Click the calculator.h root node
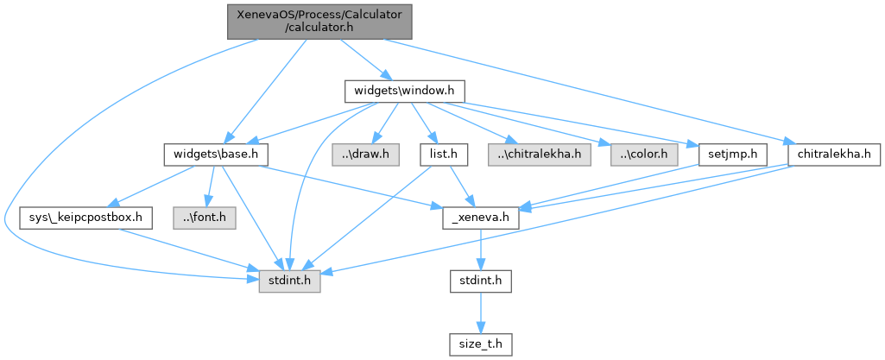(319, 21)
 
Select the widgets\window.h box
(405, 90)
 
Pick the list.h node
(443, 155)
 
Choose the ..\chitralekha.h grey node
(540, 155)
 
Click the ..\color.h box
(639, 155)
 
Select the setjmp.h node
(723, 155)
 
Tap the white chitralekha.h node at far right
(833, 155)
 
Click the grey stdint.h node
(290, 281)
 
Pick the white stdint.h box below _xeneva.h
(480, 281)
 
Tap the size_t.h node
(480, 344)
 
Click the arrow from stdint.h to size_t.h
(480, 312)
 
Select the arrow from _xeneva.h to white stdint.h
(480, 249)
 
